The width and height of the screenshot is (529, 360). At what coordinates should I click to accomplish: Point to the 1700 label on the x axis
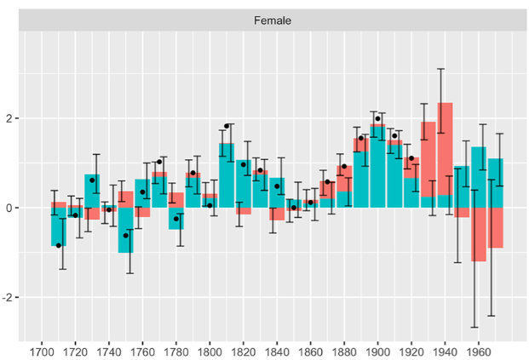tap(40, 350)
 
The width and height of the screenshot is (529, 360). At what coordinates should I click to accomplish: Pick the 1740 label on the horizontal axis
tap(107, 350)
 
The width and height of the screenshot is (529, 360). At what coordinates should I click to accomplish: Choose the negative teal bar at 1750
tap(125, 230)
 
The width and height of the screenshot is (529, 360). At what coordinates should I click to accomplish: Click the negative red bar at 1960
tap(478, 234)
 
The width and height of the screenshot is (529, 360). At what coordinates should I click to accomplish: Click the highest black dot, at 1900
tap(377, 119)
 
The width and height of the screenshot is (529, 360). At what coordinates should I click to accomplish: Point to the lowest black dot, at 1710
tap(58, 245)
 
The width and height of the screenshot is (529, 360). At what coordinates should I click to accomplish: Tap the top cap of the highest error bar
tap(440, 69)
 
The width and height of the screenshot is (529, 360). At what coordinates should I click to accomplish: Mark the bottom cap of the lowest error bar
tap(474, 328)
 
